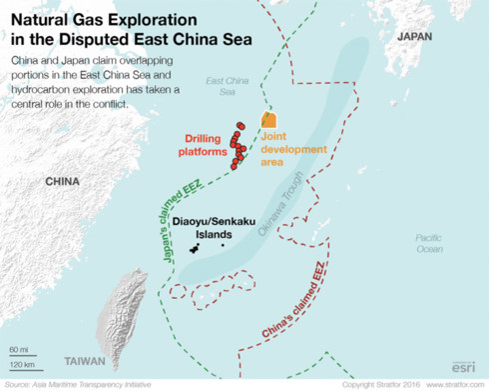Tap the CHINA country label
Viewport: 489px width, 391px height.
(63, 182)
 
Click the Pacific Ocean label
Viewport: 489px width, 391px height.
(430, 243)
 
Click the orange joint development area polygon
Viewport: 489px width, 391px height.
(268, 120)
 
